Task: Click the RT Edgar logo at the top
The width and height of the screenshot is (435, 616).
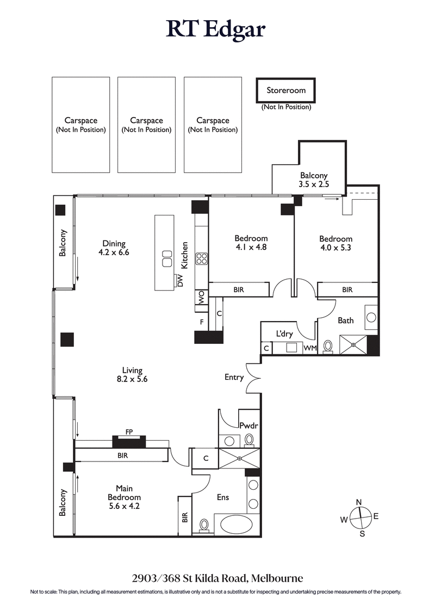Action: tap(216, 29)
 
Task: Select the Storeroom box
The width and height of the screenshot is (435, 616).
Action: tap(285, 90)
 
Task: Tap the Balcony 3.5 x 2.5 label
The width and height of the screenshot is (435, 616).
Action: tap(314, 180)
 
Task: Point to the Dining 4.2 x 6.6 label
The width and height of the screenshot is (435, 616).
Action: tap(114, 248)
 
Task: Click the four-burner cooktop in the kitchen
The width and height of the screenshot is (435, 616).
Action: tap(202, 258)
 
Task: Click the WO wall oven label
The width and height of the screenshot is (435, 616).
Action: tap(201, 297)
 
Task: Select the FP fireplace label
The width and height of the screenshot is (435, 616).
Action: tap(129, 432)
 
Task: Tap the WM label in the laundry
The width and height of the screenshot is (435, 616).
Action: tap(309, 348)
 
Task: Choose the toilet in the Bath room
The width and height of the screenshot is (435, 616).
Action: tap(328, 347)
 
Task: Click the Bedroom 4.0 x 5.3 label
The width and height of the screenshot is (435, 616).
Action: tap(335, 243)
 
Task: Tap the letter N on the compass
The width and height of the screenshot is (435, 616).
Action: tap(358, 502)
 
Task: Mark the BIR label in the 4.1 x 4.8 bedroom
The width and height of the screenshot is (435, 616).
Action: tap(238, 290)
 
